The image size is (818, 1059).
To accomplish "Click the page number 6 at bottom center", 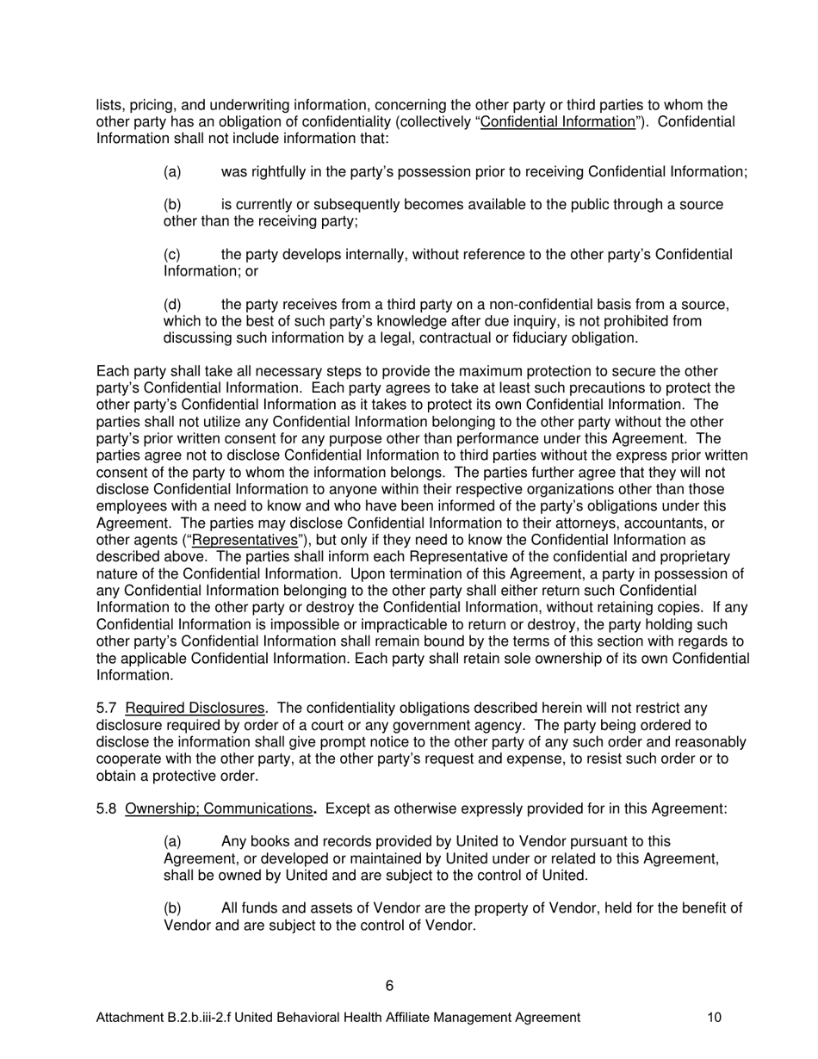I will point(390,986).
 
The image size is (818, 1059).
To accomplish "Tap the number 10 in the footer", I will point(714,1018).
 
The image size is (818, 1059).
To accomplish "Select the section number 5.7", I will point(106,709).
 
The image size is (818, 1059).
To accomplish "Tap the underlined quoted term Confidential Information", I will point(557,121).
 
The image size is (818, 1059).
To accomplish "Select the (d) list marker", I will point(172,305).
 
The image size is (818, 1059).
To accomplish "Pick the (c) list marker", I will point(172,255).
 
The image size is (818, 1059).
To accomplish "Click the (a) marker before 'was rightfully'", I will point(172,172).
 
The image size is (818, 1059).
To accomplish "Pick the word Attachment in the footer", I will point(127,1018).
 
